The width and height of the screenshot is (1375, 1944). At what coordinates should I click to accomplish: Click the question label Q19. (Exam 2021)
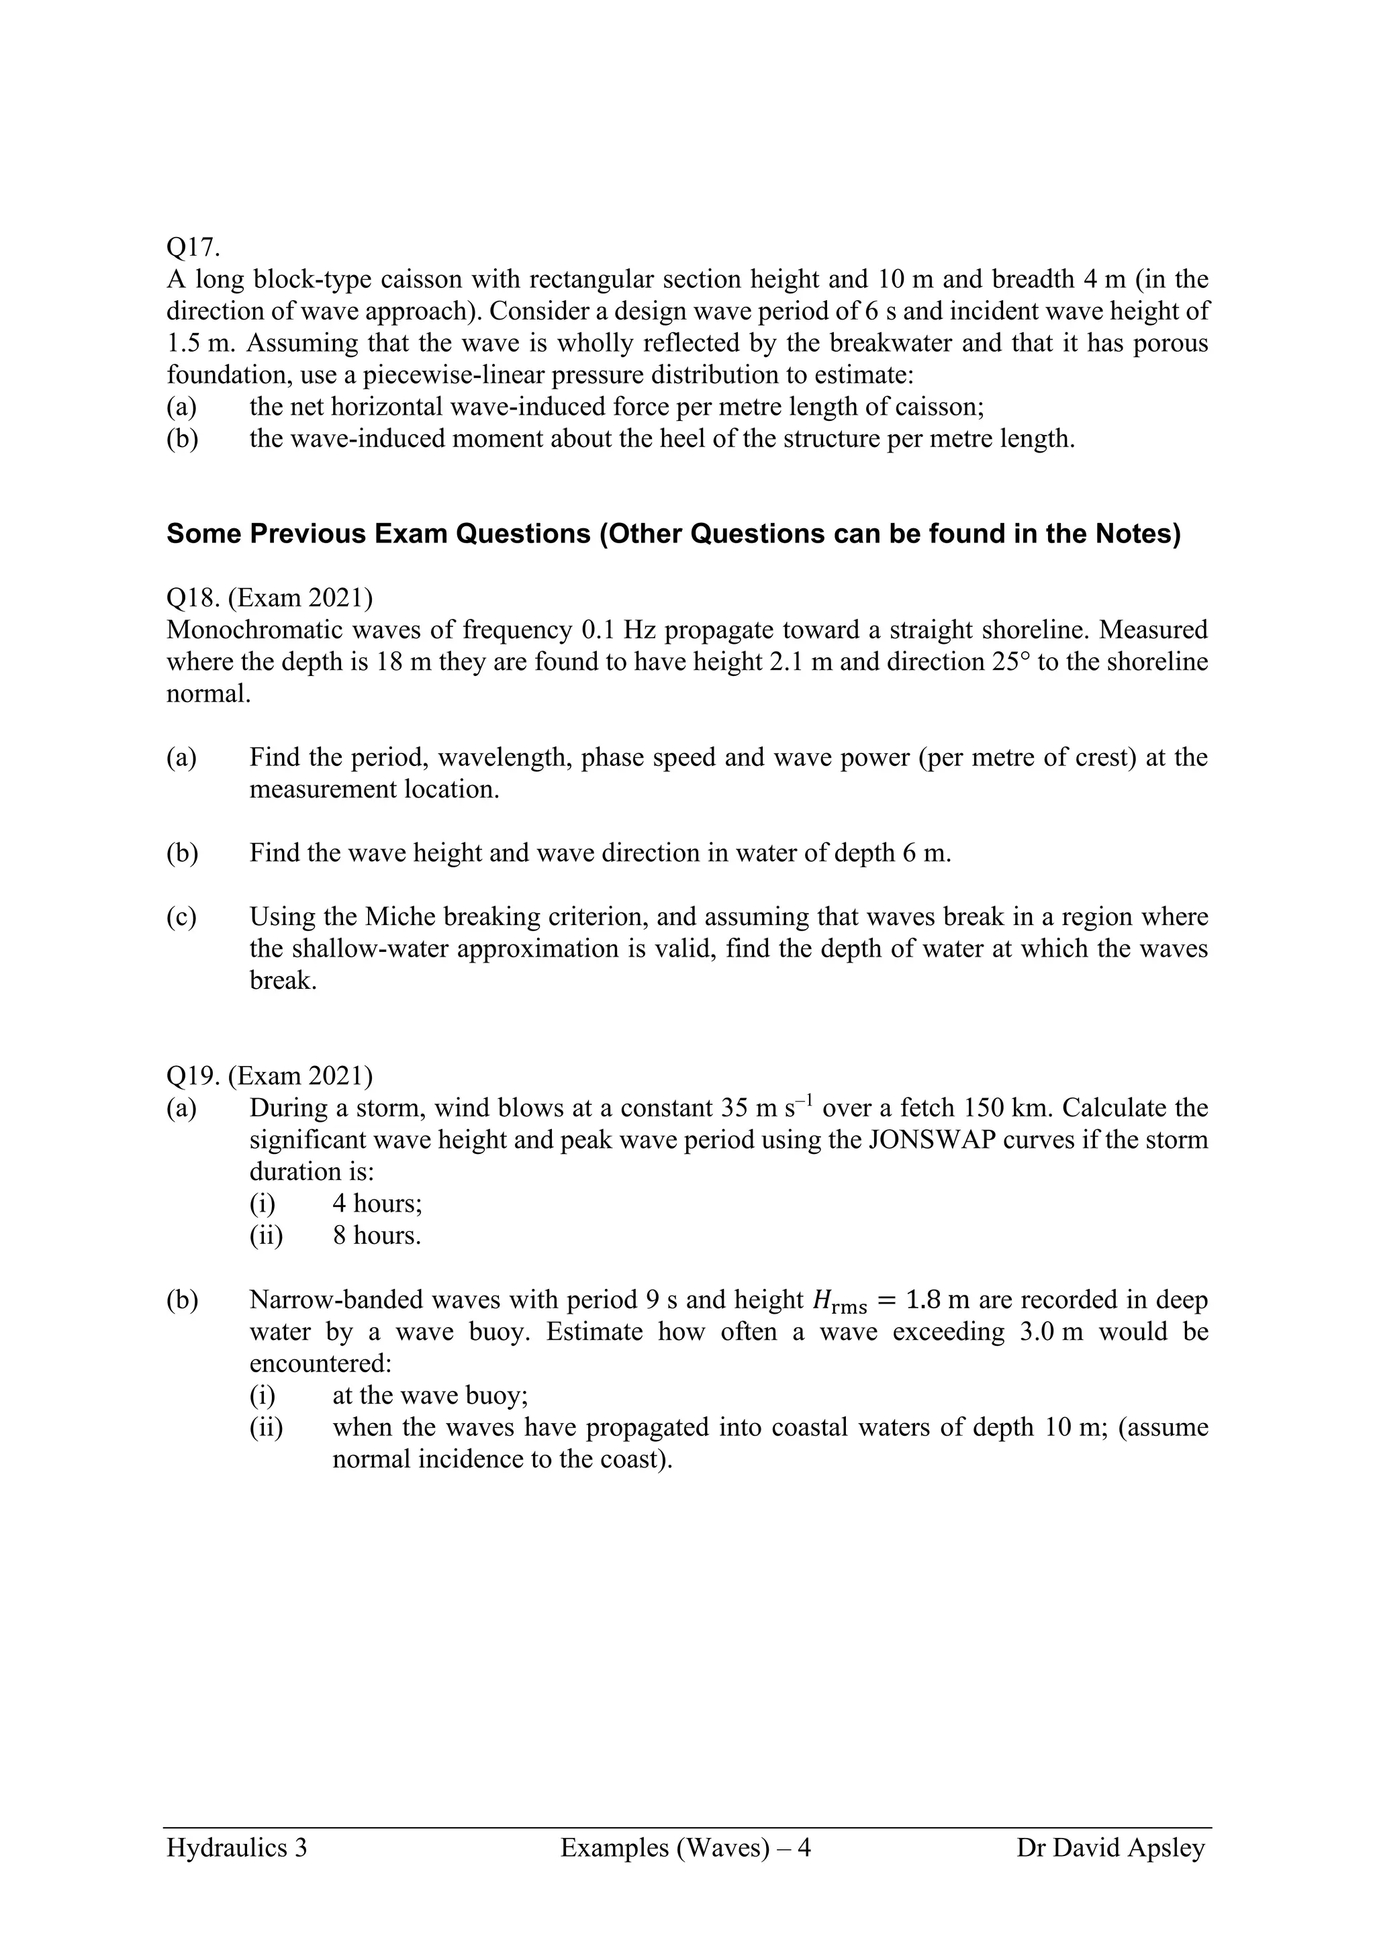point(269,1075)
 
